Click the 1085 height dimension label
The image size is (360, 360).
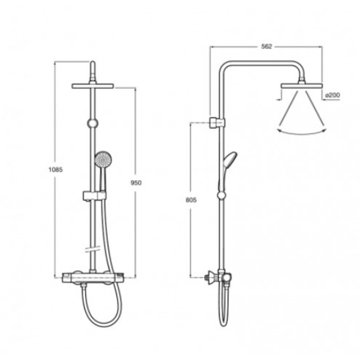(x=55, y=170)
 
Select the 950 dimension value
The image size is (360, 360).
(x=136, y=183)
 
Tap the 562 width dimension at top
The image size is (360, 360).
(x=266, y=47)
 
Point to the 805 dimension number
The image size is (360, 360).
(x=191, y=200)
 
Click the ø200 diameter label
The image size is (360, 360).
(x=333, y=95)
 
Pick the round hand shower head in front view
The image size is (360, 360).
(x=103, y=159)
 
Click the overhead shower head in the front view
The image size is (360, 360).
(x=93, y=86)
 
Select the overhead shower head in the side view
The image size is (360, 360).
(x=302, y=86)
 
